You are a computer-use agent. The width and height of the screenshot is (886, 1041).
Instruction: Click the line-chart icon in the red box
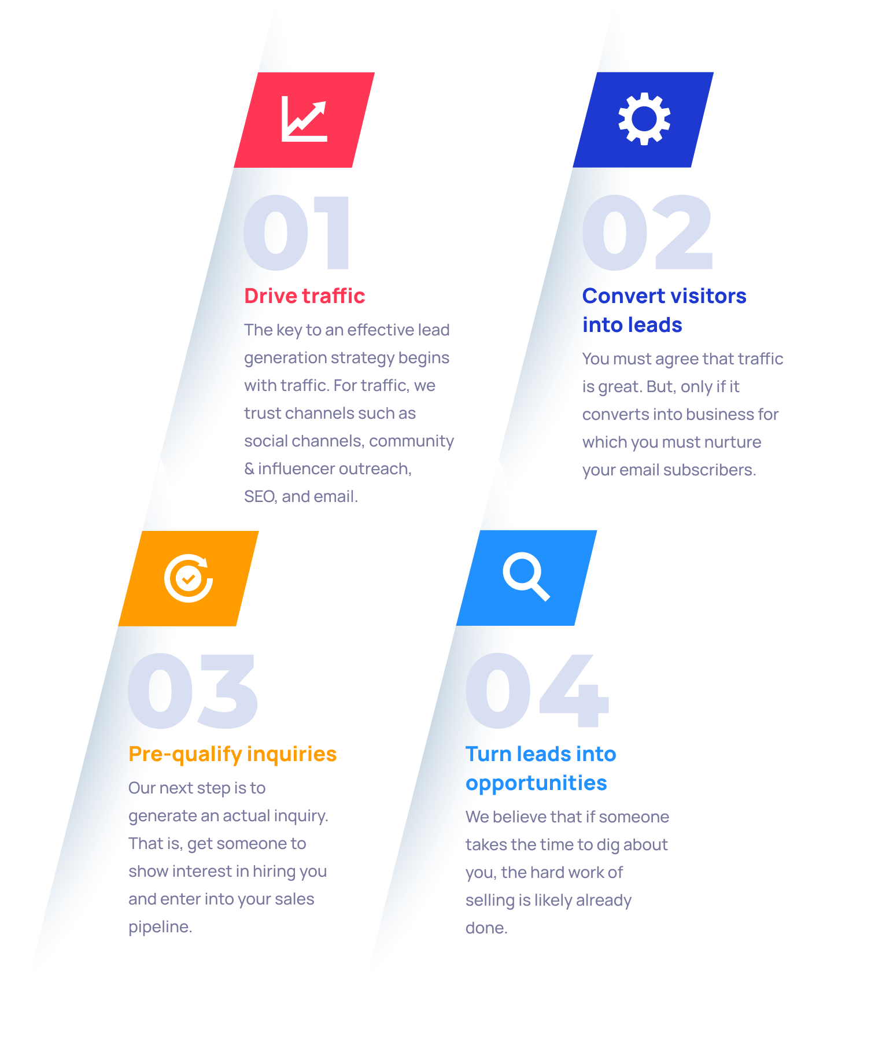(304, 119)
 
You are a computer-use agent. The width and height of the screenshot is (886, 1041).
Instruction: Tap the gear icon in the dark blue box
(644, 119)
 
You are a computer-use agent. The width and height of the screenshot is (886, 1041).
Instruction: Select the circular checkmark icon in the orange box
(189, 578)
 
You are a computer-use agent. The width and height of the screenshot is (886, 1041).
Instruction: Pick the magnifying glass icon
(526, 577)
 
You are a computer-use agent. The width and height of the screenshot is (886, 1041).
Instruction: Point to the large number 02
(648, 232)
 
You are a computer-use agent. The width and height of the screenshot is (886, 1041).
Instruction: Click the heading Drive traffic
(305, 296)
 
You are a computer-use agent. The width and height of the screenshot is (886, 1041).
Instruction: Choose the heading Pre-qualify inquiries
(232, 754)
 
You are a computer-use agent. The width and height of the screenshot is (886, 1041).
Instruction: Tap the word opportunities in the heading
(536, 784)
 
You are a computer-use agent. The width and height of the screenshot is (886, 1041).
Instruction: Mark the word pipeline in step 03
(160, 927)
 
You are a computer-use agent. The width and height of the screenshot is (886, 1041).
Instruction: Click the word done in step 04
(486, 928)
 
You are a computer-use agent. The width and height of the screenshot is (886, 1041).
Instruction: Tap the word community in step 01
(412, 441)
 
